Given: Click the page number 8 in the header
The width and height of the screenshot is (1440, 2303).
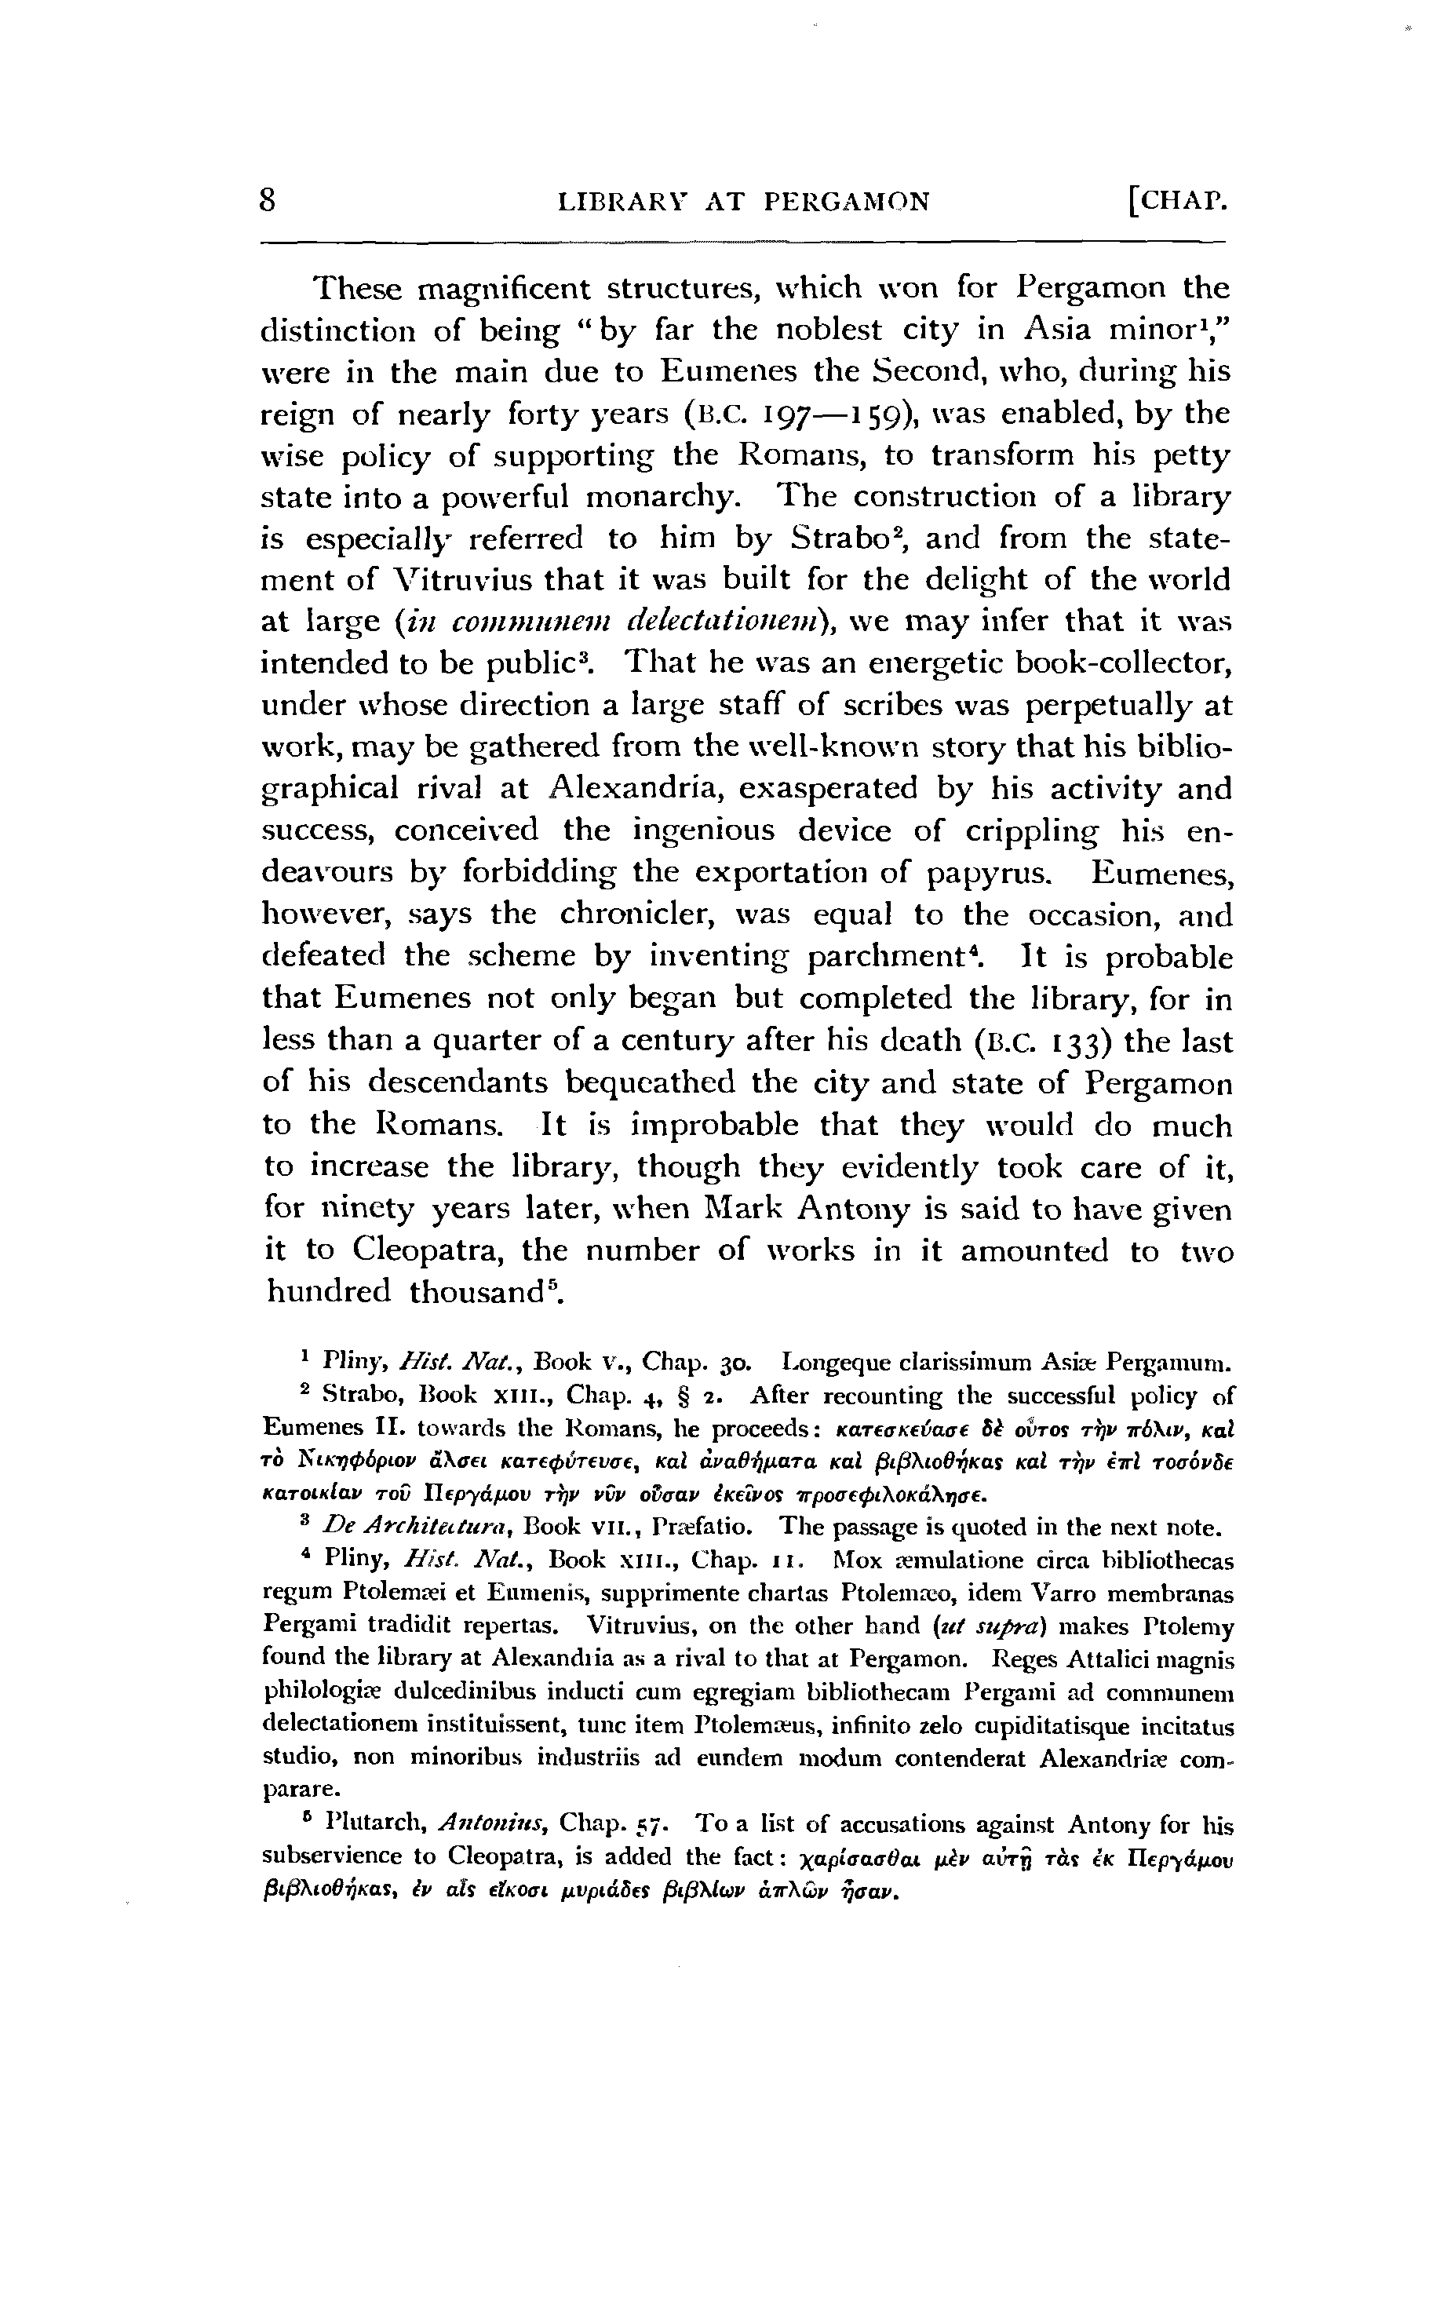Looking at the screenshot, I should point(268,201).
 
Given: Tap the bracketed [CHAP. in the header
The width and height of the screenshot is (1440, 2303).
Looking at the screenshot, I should point(1177,202).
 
